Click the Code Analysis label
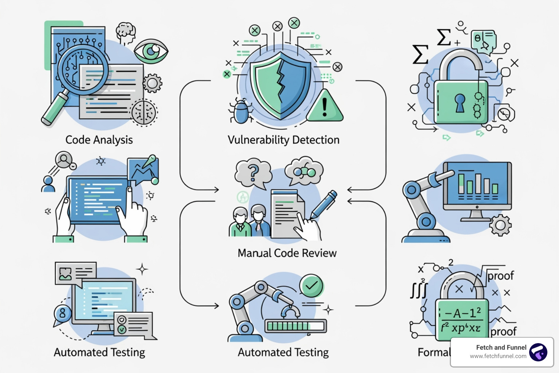coord(99,140)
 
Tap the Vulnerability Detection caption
coord(283,140)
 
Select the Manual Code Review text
coord(287,253)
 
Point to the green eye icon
coord(151,51)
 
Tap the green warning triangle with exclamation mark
coord(325,107)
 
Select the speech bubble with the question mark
coord(253,173)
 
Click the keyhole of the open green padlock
coord(460,102)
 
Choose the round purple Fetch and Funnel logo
coord(538,352)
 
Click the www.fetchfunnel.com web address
coord(497,356)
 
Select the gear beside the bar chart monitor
coord(500,225)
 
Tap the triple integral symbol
coord(419,290)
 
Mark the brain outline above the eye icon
coord(126,32)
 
